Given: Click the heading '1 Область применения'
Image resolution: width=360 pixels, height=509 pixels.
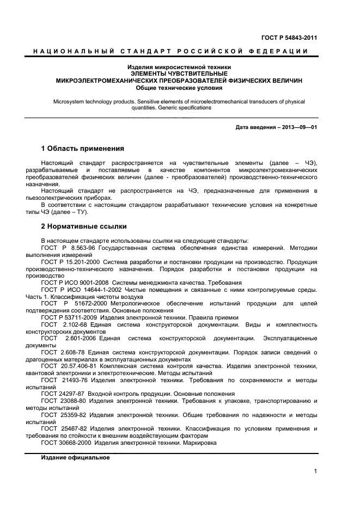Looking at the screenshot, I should (83, 149).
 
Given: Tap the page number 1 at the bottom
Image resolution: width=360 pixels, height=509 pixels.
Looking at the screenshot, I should (315, 471).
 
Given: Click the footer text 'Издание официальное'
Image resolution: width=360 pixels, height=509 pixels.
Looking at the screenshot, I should (76, 458).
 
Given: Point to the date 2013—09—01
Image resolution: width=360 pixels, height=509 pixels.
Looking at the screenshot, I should (299, 128).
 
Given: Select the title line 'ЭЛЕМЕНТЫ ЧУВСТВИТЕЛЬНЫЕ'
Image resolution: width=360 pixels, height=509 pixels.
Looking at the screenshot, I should (179, 73).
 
